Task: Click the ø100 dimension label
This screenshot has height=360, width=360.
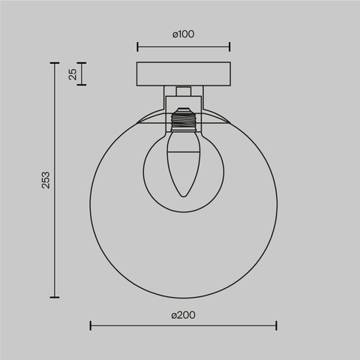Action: [x=183, y=34]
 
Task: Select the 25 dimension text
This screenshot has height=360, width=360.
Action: [x=72, y=74]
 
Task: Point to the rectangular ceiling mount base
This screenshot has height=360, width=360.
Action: [x=183, y=74]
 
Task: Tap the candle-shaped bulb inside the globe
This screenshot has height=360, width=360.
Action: [x=182, y=161]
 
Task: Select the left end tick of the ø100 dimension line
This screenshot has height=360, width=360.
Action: [x=137, y=46]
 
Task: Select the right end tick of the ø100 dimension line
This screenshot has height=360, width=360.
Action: [x=229, y=46]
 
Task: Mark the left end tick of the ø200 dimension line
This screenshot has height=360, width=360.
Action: [x=90, y=325]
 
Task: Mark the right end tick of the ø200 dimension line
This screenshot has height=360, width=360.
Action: [x=276, y=325]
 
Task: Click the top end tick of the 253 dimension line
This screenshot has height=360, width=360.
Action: [x=55, y=64]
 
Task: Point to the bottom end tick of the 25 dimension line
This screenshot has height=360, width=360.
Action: [x=82, y=85]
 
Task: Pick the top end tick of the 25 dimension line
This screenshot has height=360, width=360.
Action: [x=82, y=64]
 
